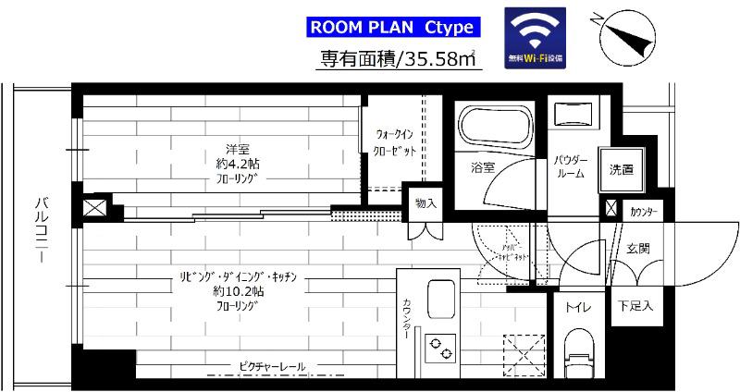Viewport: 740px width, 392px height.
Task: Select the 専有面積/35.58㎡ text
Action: [x=398, y=59]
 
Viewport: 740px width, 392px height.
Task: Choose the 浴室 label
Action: [x=482, y=168]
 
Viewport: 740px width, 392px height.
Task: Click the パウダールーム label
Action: [x=570, y=166]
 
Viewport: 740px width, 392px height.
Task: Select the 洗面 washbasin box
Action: [x=621, y=169]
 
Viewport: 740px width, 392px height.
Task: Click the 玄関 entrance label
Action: [x=638, y=247]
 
